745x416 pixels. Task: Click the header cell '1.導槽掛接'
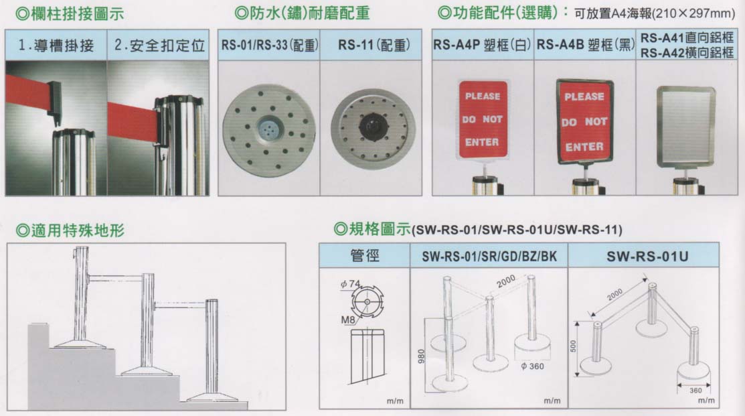56,45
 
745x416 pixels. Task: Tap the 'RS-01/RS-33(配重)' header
269,45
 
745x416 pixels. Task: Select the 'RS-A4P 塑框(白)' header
482,45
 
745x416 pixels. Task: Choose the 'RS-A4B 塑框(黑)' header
585,45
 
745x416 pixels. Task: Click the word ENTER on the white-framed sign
482,141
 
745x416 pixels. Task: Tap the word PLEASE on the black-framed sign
584,97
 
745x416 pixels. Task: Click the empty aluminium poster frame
685,127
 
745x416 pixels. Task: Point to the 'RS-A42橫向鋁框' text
687,52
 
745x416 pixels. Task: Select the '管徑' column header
364,256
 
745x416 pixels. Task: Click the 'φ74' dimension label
350,284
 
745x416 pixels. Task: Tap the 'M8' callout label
348,320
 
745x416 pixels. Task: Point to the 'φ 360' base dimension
532,366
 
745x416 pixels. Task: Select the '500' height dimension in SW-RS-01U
573,346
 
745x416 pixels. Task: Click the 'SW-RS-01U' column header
647,257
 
